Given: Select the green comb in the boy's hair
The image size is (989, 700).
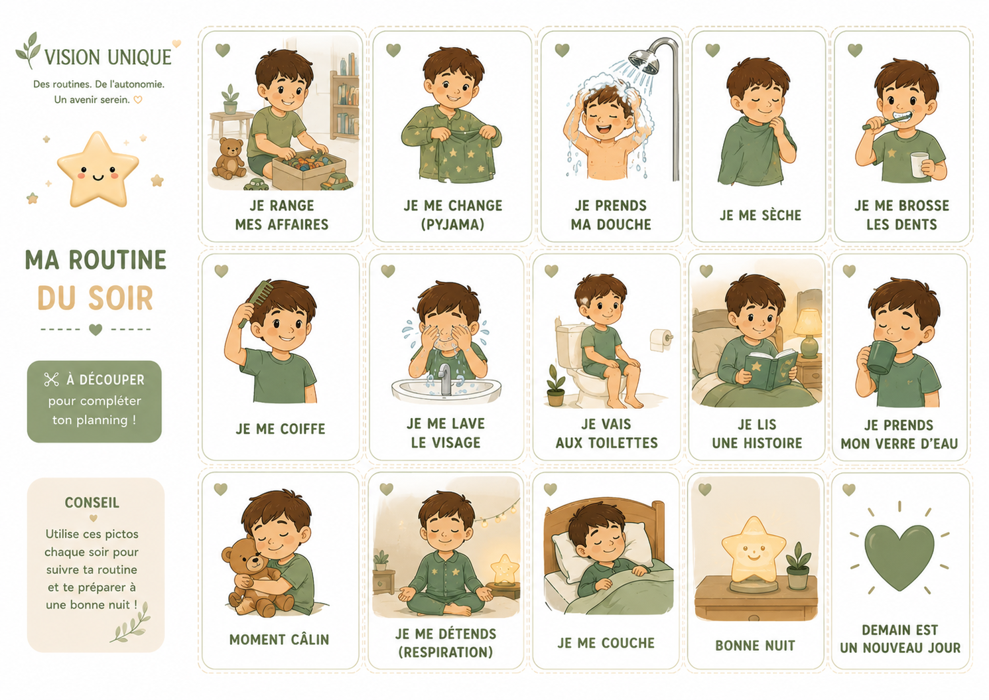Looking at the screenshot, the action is click(x=255, y=303).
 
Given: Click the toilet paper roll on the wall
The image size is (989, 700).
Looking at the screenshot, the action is click(x=661, y=340).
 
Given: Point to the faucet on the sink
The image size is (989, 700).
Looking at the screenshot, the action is click(x=446, y=379).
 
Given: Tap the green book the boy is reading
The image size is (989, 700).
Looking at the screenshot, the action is click(x=771, y=370).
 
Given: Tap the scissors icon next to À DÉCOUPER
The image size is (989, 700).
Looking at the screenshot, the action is click(x=51, y=380).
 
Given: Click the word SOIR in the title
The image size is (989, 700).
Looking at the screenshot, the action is click(x=121, y=299).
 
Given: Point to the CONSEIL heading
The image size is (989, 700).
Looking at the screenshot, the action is click(x=92, y=502).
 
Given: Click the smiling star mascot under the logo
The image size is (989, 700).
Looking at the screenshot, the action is click(x=98, y=169).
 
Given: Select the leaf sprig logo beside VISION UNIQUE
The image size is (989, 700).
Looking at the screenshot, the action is click(x=29, y=50).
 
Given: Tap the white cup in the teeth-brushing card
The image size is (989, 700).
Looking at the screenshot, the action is click(x=919, y=165).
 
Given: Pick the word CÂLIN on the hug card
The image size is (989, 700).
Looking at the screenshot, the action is click(x=310, y=639).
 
